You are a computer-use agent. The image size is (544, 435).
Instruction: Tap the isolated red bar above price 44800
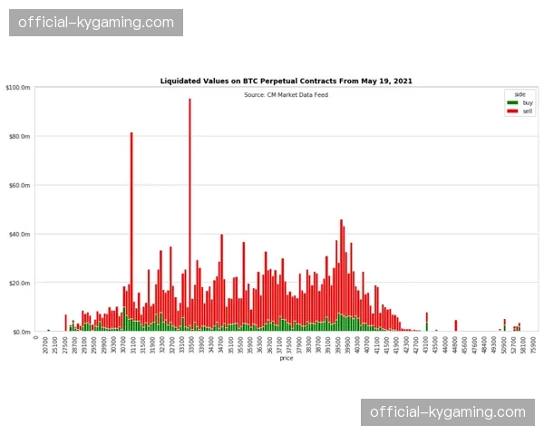coord(456,325)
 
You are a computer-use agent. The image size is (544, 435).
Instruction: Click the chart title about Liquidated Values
coord(286,81)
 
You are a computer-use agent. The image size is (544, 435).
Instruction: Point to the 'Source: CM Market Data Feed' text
coord(286,94)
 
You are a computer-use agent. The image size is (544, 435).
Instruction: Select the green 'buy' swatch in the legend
coord(512,102)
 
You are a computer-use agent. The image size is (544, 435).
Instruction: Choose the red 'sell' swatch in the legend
coord(512,110)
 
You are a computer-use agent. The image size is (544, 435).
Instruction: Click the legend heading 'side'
coord(520,94)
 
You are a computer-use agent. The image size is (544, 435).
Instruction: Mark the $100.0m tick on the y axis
coord(18,88)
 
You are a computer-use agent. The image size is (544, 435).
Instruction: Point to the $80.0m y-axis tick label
coord(19,137)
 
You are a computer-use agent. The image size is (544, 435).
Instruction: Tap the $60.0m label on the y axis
coord(19,186)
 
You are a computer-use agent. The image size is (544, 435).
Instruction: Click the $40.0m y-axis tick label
coord(19,235)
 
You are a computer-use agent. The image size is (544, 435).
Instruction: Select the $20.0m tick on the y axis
coord(19,284)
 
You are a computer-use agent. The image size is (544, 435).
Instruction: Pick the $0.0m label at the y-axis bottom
coord(21,333)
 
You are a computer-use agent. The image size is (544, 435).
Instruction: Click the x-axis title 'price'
coord(286,359)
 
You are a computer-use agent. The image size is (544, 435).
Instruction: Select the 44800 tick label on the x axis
coord(456,344)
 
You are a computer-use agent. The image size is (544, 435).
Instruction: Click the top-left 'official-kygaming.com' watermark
coord(96,22)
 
